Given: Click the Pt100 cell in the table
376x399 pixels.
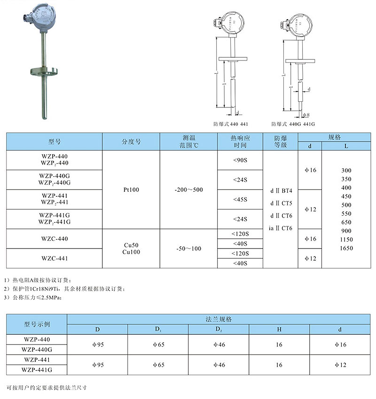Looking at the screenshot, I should (x=131, y=190).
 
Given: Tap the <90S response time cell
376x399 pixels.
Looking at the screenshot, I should (x=240, y=160).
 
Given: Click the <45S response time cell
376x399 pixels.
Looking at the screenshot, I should (x=240, y=200).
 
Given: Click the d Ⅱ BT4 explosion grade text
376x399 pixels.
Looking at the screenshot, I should (x=281, y=191).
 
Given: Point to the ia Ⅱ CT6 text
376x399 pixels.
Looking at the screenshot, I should (x=281, y=228).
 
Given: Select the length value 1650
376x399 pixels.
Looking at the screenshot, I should (x=346, y=248).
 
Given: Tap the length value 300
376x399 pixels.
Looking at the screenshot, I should (x=346, y=170).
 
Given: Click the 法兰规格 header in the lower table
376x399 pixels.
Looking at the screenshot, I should (x=219, y=319).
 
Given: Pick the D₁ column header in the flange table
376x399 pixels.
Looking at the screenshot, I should (x=158, y=329).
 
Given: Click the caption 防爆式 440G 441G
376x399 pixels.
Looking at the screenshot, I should (x=293, y=124).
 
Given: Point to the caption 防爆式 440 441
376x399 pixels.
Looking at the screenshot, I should (x=230, y=124).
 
